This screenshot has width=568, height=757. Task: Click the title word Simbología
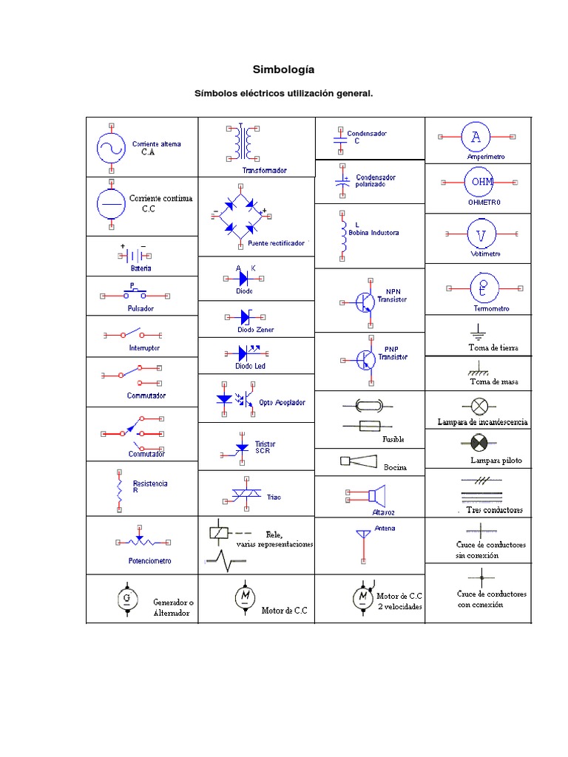coord(283,69)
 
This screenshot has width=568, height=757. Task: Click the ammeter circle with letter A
coord(476,137)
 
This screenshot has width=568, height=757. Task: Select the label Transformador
coord(264,170)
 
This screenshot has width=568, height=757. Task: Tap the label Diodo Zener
coord(255,330)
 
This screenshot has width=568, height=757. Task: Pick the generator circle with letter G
coord(127,597)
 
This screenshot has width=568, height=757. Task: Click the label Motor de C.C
coord(283,611)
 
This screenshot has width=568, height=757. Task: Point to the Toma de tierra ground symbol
coord(479,330)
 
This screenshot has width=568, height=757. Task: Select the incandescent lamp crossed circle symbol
coord(480,405)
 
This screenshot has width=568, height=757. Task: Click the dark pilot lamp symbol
coord(480,443)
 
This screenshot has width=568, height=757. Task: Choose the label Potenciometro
coord(149,560)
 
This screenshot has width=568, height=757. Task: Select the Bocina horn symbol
coord(357,461)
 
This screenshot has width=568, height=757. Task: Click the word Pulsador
coord(141,308)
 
